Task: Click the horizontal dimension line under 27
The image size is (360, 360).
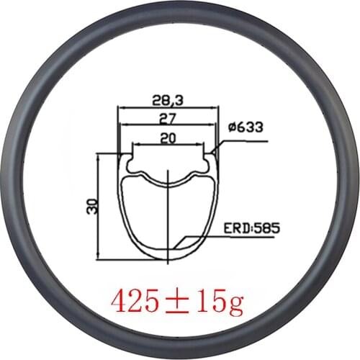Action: click(x=168, y=124)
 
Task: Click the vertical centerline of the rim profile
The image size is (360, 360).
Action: click(x=168, y=216)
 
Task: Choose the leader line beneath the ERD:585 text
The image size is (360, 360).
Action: click(x=238, y=238)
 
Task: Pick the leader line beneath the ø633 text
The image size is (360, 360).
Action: click(x=245, y=141)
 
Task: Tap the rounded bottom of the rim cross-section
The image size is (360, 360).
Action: click(x=168, y=256)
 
